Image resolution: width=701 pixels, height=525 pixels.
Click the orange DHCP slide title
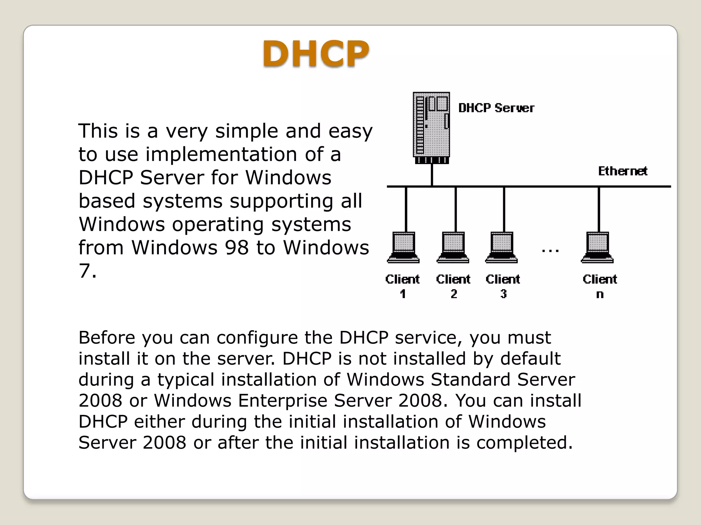coord(316,54)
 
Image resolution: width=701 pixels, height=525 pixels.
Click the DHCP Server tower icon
coord(431,127)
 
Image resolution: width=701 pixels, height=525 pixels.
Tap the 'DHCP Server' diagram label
coord(496,108)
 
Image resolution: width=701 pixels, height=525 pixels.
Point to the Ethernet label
coord(622,171)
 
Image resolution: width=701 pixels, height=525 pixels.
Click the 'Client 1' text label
coord(403,286)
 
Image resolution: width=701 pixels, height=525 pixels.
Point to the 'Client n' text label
coord(600,286)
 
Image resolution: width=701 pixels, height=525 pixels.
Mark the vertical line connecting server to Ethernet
coord(432,175)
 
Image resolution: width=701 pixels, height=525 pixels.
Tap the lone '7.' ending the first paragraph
coord(88,271)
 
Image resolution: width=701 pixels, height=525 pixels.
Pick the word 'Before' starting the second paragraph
coord(107,337)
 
